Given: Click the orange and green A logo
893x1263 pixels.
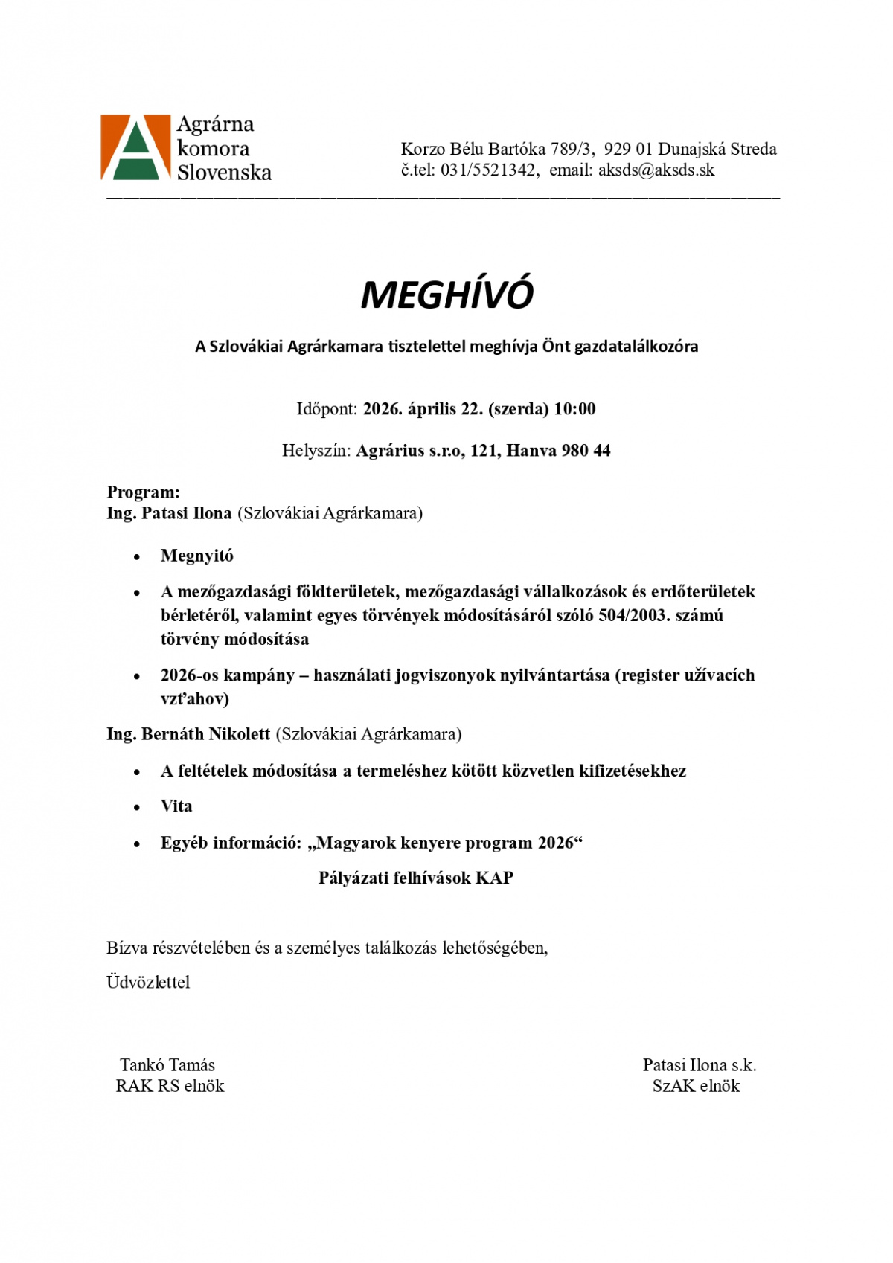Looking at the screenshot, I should coord(135,147).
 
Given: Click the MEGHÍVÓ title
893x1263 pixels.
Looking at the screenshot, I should coord(446,295).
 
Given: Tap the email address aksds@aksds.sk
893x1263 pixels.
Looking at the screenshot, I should coord(656,170).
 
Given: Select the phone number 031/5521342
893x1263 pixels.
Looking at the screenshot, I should coord(488,170).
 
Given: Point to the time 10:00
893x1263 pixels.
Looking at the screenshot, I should coord(574,409).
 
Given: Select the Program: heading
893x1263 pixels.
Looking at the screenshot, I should coord(143,492).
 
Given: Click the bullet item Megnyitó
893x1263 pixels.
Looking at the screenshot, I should coord(197,556).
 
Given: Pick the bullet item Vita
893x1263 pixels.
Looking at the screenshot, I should coord(176,806).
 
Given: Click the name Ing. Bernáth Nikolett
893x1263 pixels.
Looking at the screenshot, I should coord(188,735).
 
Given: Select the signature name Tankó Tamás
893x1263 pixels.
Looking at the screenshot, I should coord(167,1065).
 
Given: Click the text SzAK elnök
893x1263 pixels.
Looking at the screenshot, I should coord(696,1086).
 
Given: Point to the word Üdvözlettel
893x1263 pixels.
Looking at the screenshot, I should coord(148,983).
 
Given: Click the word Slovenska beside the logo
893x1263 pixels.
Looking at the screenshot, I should coord(224,173).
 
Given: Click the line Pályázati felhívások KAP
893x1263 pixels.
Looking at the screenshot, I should coord(416,878).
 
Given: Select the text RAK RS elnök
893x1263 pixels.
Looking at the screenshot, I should coord(170,1086).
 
